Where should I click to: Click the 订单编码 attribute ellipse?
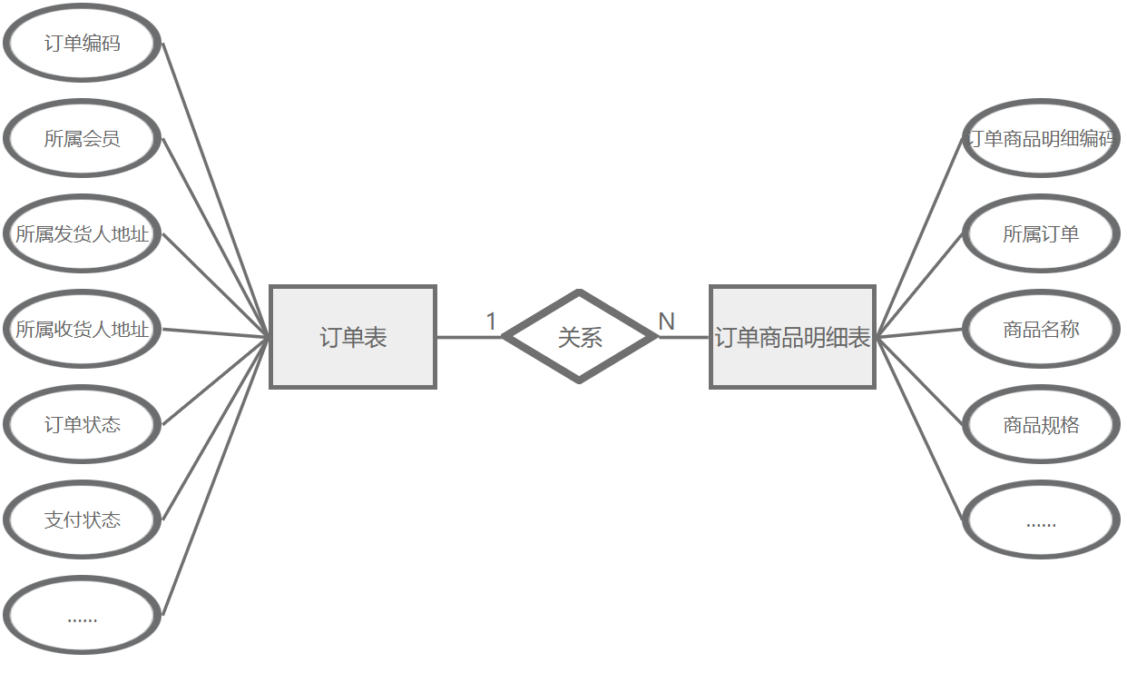[82, 44]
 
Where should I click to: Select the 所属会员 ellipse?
[82, 139]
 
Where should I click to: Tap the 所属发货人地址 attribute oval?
[82, 234]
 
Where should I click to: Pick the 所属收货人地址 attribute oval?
[82, 330]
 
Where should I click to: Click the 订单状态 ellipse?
[82, 425]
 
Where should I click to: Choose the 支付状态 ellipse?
[82, 520]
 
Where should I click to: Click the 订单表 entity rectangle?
[353, 337]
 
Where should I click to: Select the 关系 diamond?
[580, 337]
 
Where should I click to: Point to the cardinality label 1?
[491, 322]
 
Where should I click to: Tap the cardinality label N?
[666, 322]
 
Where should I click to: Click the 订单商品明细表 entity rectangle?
[792, 337]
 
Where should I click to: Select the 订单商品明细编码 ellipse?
[1040, 139]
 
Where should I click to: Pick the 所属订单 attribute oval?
[1040, 234]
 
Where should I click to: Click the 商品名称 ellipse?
[1040, 330]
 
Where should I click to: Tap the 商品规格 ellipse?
[1040, 425]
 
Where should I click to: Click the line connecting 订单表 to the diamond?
[468, 337]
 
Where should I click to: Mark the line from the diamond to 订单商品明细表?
[683, 337]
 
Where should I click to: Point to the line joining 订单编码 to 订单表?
[216, 190]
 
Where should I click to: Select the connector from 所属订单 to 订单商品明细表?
[919, 284]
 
